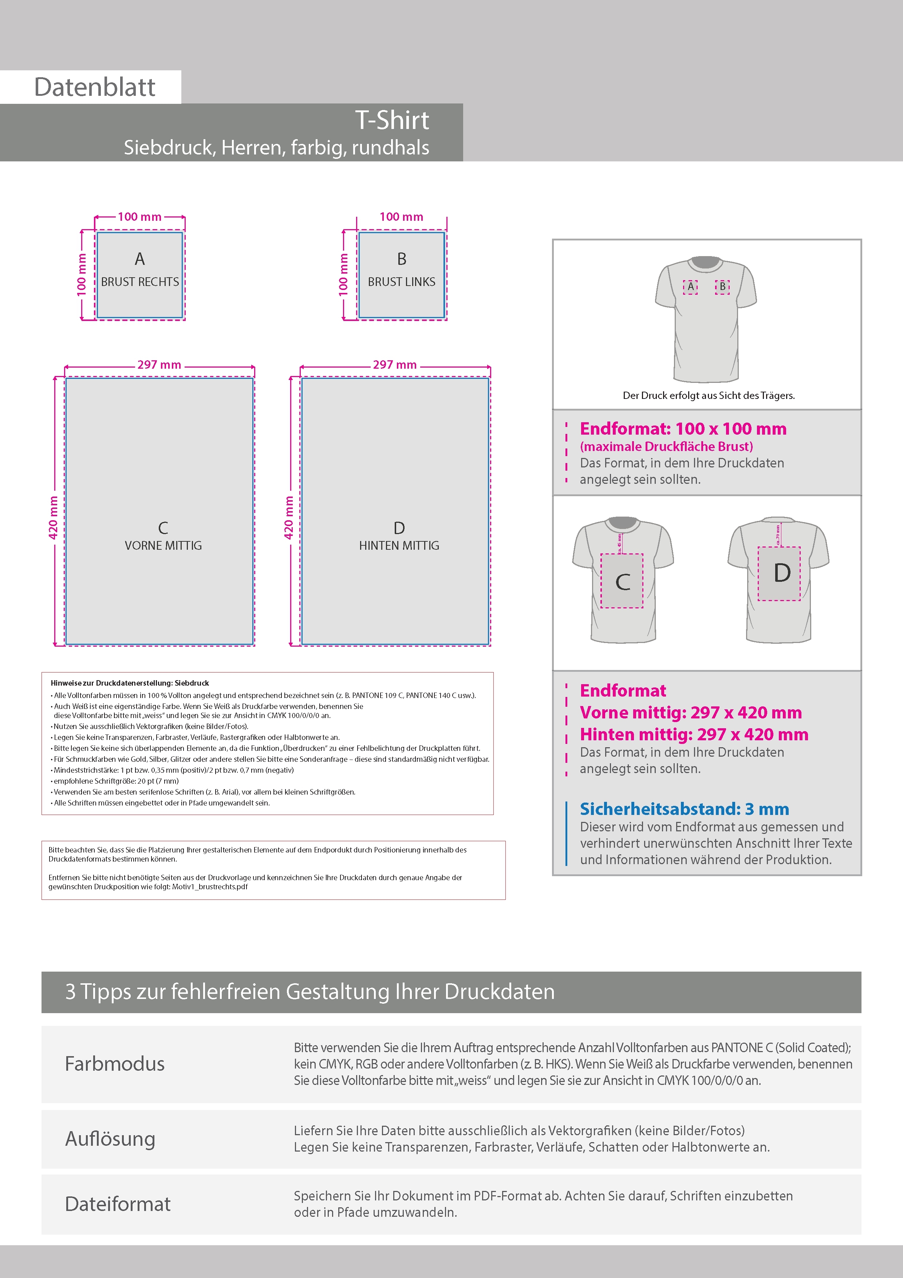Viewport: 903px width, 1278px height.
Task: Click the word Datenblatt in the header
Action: coord(95,87)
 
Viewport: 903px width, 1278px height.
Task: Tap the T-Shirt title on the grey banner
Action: coord(392,120)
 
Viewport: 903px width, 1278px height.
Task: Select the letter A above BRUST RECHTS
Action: coord(140,259)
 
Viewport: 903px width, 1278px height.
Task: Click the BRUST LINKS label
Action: coord(401,282)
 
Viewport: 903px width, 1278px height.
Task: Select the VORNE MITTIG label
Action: coord(163,545)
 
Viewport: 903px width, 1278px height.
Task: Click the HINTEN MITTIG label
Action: coord(399,545)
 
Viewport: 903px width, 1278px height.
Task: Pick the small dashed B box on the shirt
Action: coord(722,287)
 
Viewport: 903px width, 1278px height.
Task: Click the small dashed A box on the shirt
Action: coord(690,287)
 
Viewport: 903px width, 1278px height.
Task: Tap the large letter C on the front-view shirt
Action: coord(623,582)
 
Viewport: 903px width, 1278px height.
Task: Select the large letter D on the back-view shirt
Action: coord(782,573)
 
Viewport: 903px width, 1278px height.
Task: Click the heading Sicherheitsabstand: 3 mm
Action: coord(684,809)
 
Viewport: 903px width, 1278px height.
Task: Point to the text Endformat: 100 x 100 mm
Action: coord(683,428)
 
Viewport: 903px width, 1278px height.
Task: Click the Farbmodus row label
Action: coord(115,1064)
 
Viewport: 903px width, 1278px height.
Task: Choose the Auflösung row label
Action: coord(110,1138)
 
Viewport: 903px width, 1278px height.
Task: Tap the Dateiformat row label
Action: coord(117,1203)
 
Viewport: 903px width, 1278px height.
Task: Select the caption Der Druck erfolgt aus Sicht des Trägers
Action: coord(708,395)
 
